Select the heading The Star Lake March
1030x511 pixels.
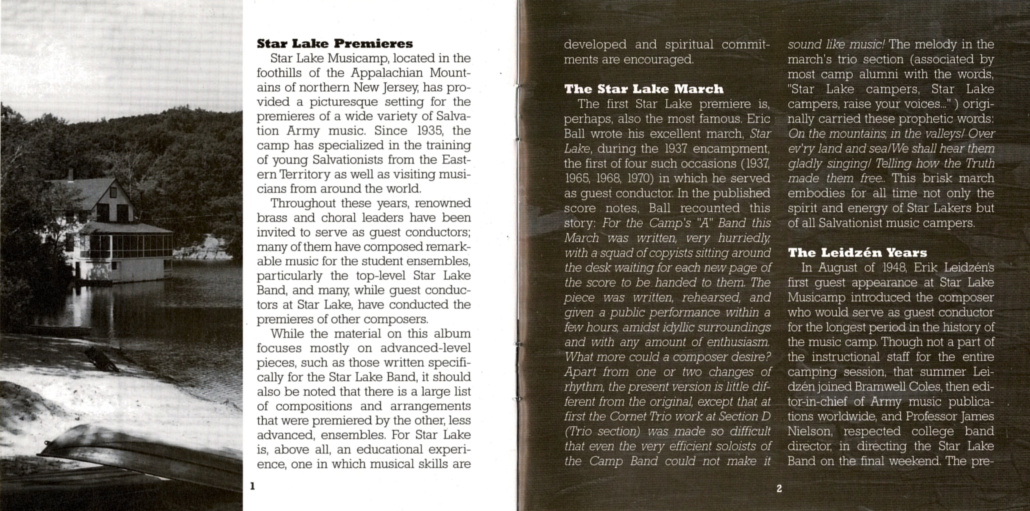click(644, 89)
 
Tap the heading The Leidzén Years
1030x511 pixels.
click(857, 253)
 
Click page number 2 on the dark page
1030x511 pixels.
click(779, 488)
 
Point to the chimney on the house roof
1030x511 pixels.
click(71, 174)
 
